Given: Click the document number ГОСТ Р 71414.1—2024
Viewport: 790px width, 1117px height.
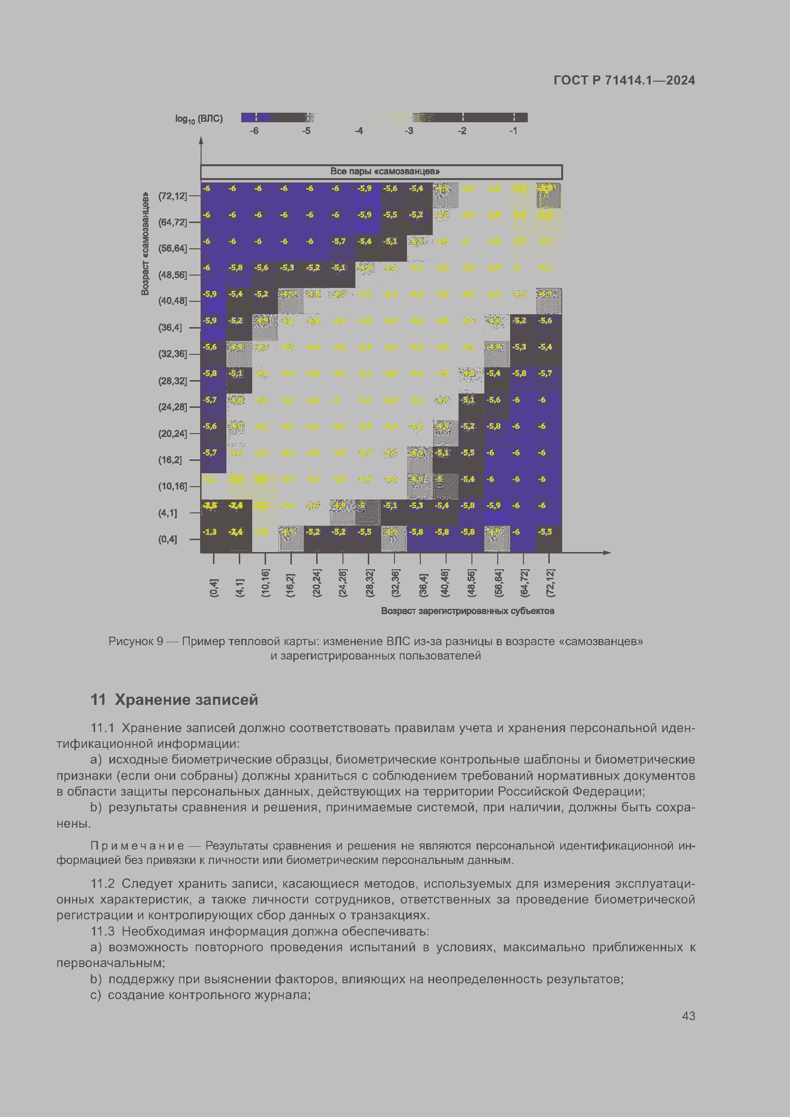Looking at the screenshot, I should [624, 80].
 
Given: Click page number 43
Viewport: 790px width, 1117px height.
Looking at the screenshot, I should [688, 1016].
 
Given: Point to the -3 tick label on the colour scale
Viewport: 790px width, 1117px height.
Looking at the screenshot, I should [409, 131].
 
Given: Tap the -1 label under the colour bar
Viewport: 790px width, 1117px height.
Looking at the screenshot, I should [513, 131].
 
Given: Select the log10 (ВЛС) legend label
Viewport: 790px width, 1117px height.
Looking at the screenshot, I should [199, 119].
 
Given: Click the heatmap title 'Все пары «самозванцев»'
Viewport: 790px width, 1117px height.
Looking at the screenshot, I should [384, 171].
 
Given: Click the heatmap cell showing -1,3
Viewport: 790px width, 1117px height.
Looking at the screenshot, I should [210, 532].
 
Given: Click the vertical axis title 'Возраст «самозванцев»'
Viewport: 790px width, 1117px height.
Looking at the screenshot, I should [145, 244].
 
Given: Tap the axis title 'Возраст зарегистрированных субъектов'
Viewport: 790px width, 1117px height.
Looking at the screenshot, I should [468, 611].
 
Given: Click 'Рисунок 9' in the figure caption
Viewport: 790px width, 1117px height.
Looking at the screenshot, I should [136, 641].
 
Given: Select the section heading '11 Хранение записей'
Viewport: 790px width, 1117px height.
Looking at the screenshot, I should [174, 700].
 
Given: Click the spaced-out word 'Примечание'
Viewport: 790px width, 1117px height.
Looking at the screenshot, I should [138, 846].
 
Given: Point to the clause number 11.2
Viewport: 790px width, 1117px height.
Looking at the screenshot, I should [103, 883].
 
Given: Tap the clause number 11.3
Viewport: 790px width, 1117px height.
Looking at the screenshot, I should [103, 931].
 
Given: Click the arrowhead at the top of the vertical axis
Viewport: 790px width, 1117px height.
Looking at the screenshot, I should [201, 141].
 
